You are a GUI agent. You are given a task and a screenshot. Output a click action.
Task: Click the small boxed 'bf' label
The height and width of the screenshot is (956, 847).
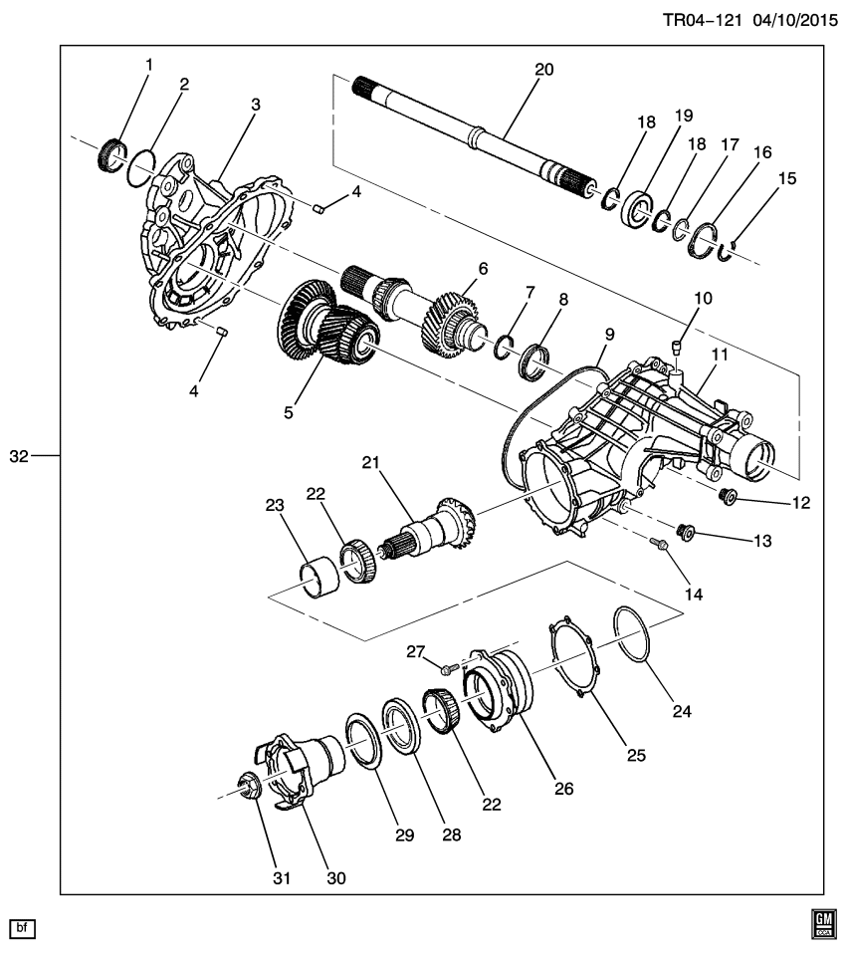pos(22,927)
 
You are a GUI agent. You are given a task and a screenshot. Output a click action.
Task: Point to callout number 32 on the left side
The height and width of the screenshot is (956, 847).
pos(19,456)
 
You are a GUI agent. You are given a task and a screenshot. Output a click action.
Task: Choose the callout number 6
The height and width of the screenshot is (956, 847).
pos(483,268)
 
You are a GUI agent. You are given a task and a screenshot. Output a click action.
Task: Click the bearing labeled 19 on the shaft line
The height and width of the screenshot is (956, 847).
pos(634,211)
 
